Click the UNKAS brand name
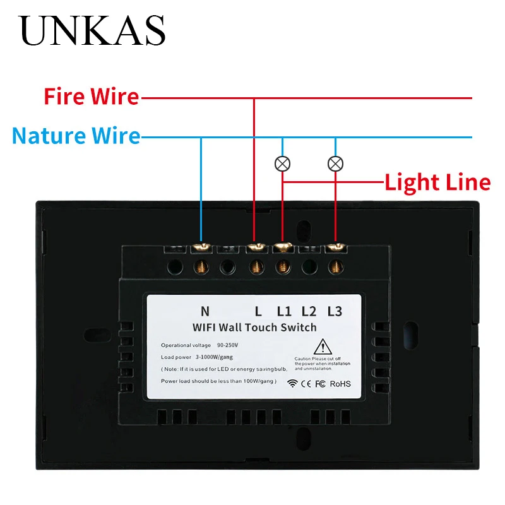click(93, 30)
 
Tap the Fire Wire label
click(92, 97)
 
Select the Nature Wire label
click(76, 135)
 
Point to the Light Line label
click(437, 182)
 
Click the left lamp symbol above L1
click(282, 164)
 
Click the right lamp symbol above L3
click(335, 164)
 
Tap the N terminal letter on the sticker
click(205, 311)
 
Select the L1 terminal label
click(284, 311)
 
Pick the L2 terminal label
click(309, 311)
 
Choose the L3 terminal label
click(334, 311)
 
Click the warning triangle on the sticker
click(323, 347)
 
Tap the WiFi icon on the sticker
click(292, 383)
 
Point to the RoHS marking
click(340, 383)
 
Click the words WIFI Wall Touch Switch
click(254, 327)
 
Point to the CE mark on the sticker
click(306, 383)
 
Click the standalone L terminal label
click(258, 311)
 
